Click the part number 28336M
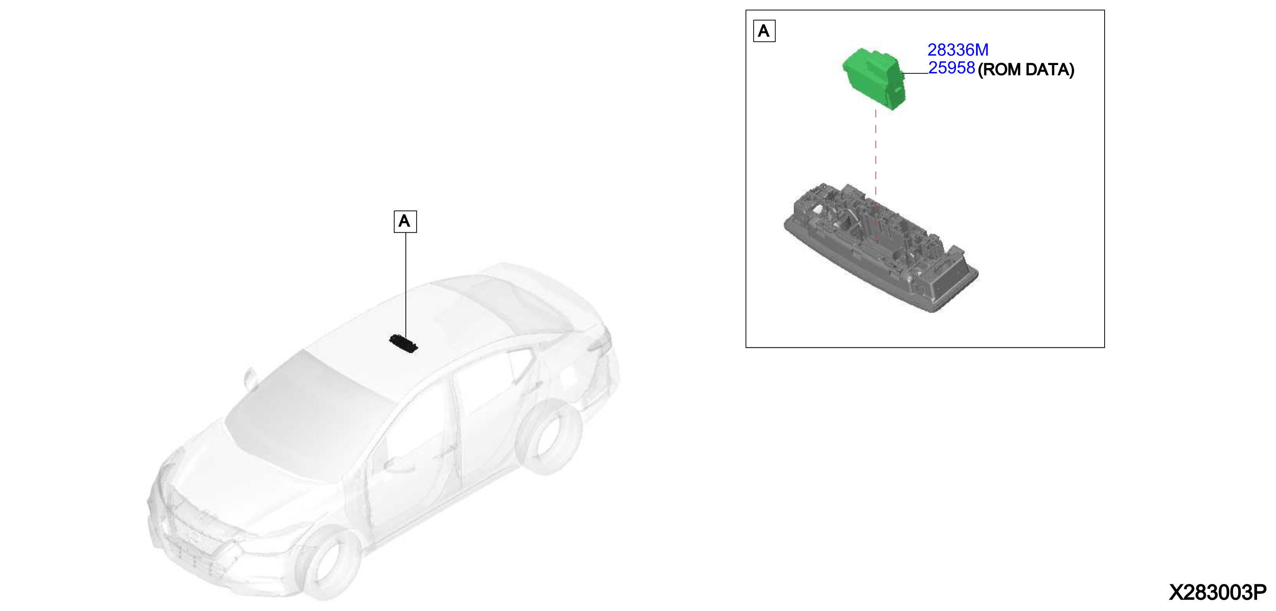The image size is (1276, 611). click(x=958, y=50)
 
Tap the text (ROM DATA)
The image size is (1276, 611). click(x=1026, y=69)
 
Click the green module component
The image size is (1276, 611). click(x=874, y=78)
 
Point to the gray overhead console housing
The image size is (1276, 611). click(x=881, y=247)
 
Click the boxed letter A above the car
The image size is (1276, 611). click(x=405, y=222)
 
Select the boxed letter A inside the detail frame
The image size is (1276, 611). click(x=764, y=31)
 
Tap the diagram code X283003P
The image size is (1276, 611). click(x=1217, y=592)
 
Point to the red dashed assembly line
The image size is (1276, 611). click(x=876, y=176)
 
